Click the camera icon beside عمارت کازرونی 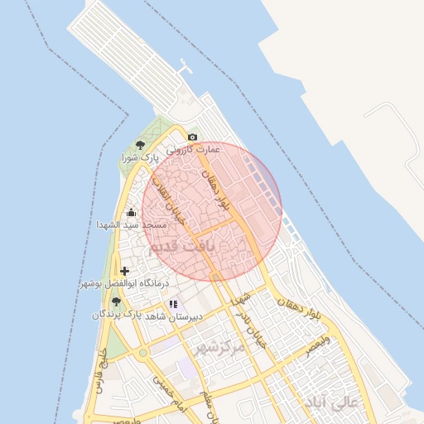193,137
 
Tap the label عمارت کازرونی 193,150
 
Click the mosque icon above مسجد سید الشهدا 131,212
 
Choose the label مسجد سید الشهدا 122,224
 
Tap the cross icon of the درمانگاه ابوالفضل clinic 124,271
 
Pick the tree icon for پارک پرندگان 116,301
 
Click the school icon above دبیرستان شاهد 173,304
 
